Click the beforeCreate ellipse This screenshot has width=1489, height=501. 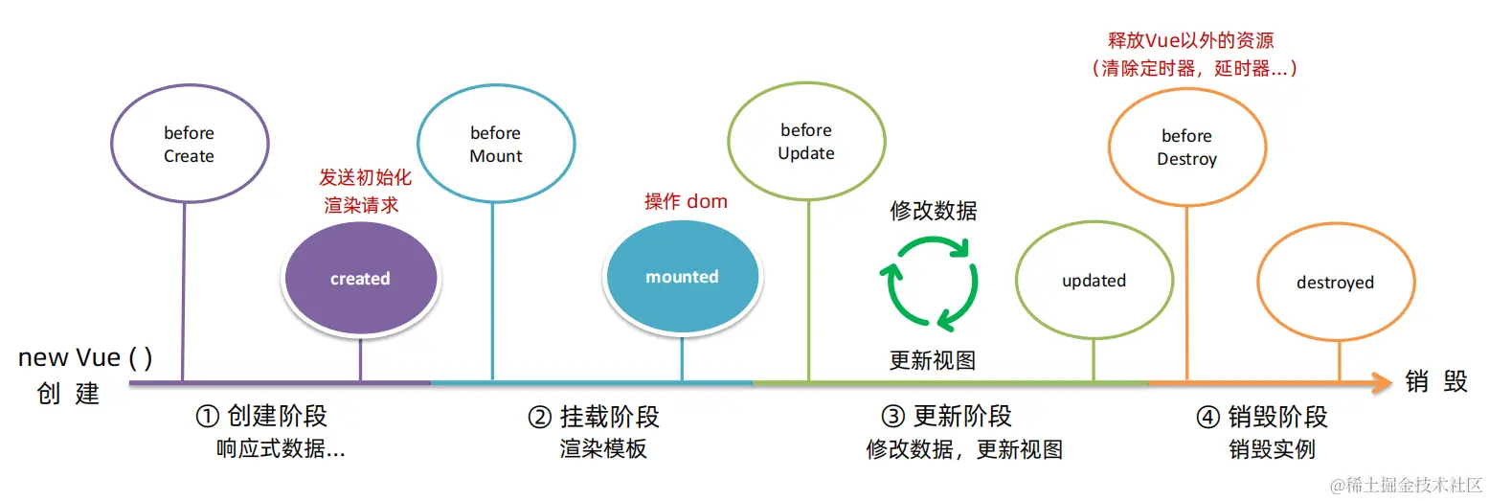189,145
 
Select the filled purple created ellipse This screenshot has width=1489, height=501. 360,279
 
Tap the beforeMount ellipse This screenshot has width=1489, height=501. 496,145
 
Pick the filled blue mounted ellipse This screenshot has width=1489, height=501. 682,277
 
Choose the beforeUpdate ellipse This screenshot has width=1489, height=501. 806,142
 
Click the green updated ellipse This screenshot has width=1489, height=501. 1094,281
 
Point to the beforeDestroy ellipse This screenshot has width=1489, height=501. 1186,148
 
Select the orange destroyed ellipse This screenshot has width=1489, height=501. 1335,283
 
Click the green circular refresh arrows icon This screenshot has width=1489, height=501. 930,282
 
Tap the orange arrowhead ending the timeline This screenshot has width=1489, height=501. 1380,383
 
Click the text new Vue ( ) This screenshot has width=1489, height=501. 85,358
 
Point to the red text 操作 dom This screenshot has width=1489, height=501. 686,201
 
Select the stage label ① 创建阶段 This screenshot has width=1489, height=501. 261,417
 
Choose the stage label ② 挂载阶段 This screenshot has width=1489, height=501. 594,417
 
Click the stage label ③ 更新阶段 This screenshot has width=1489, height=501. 946,417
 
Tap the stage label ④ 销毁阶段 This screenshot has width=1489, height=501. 1262,417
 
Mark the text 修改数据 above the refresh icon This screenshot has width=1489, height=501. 934,211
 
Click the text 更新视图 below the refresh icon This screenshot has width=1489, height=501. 933,360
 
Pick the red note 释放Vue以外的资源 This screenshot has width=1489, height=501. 1191,41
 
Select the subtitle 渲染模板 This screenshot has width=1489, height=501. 603,448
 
